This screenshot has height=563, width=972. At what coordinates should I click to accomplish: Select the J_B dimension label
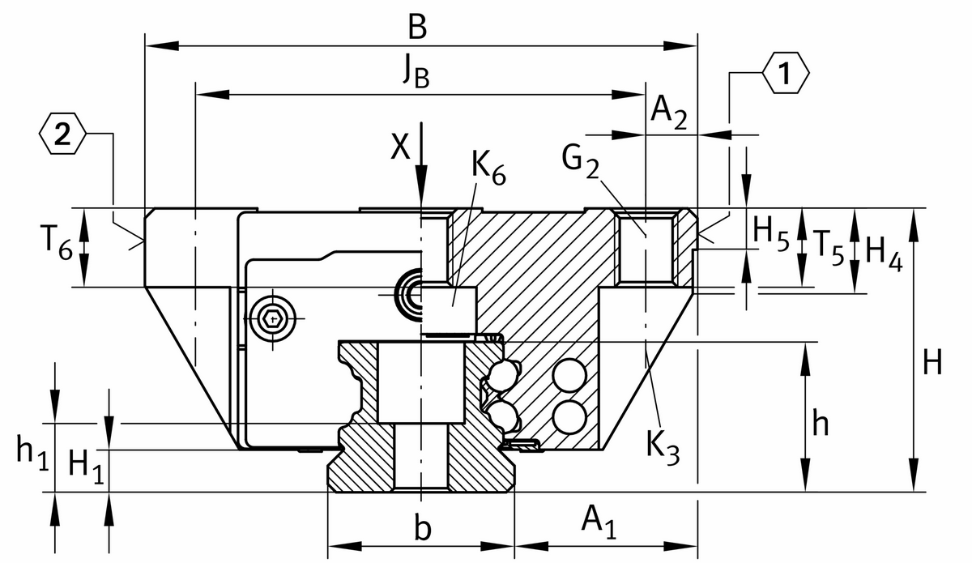pyautogui.click(x=416, y=74)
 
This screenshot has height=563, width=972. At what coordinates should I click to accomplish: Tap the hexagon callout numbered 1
pyautogui.click(x=785, y=74)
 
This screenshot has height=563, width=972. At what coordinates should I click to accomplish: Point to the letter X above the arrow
pyautogui.click(x=399, y=147)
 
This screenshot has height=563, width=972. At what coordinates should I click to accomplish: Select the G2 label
pyautogui.click(x=582, y=162)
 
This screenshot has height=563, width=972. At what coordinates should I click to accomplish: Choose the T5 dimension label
pyautogui.click(x=828, y=244)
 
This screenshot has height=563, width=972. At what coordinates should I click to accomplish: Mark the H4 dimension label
pyautogui.click(x=882, y=249)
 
